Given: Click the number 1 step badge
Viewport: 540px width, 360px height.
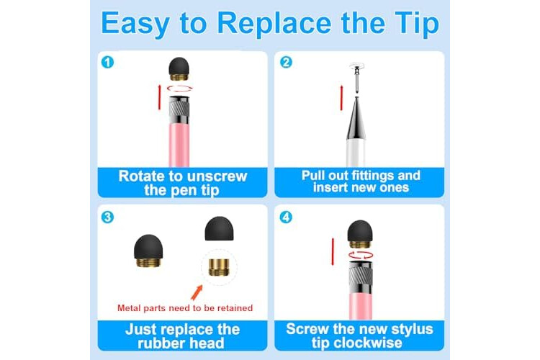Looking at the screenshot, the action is pos(107,63).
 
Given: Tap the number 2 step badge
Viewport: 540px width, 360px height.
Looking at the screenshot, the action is pos(286,63).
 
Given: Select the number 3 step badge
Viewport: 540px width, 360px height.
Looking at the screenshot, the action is pos(107,217).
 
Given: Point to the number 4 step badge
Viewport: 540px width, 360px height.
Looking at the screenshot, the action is pos(286,217).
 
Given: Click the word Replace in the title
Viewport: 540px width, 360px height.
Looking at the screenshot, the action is pos(274,24).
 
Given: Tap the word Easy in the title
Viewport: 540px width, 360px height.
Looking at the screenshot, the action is pos(135,24).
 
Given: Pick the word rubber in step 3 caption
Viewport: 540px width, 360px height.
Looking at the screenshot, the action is pos(158,343).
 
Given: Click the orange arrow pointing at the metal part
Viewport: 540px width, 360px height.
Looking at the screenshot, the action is pos(197,292).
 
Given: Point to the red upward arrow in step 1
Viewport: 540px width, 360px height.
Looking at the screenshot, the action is pos(159,97).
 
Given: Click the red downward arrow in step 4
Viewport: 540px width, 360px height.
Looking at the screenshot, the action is pos(333,252).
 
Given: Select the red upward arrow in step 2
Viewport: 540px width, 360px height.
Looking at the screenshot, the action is pos(341,98).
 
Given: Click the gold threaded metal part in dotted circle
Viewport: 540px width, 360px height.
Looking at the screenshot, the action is pos(219,267).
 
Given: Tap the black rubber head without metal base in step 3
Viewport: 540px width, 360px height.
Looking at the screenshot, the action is pos(219,228).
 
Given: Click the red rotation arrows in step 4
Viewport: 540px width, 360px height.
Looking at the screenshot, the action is pos(361,256).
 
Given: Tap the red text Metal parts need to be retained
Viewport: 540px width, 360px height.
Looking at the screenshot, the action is pos(185,308).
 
